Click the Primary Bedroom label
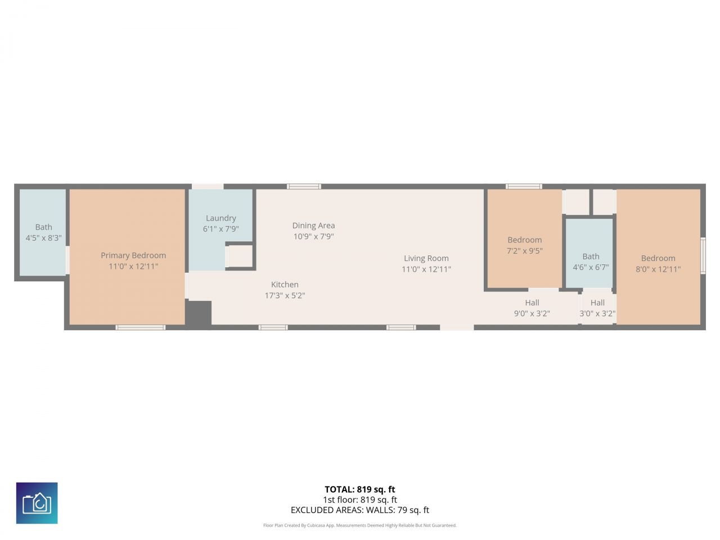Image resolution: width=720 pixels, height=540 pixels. [x=133, y=255]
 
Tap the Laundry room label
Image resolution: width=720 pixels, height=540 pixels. [x=220, y=218]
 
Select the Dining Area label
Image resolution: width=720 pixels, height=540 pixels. [x=313, y=226]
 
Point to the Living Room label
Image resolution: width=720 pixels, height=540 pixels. [x=426, y=259]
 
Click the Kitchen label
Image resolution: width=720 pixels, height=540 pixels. [x=285, y=285]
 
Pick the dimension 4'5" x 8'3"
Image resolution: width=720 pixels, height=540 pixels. [x=43, y=238]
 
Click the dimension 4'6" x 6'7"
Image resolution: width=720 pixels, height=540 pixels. [x=591, y=267]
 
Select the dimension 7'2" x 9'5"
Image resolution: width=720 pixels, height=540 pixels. [x=524, y=251]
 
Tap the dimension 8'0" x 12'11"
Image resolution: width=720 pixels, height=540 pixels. [x=658, y=269]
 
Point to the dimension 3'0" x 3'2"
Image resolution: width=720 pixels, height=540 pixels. [x=597, y=314]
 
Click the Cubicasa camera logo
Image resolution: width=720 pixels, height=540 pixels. [x=37, y=503]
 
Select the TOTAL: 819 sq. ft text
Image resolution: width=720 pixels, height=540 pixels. [x=359, y=489]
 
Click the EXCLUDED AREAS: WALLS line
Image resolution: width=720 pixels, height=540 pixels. [x=359, y=510]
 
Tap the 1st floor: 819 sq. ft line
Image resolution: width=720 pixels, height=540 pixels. [x=359, y=499]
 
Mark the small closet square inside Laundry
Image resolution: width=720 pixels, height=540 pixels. [x=240, y=256]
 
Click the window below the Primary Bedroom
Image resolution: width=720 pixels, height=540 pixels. [x=141, y=327]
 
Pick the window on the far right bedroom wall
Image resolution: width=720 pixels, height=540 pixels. [x=703, y=256]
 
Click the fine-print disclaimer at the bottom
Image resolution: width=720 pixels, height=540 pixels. [x=359, y=525]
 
